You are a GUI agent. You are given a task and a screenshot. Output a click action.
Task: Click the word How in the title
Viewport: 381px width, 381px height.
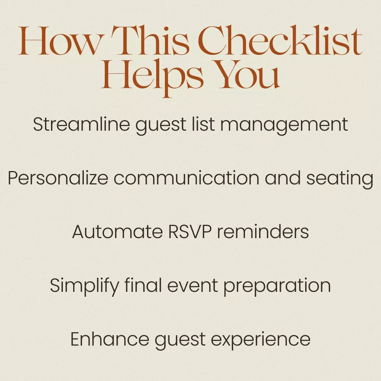tap(60, 40)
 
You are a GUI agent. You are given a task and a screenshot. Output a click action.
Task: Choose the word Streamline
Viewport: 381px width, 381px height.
tap(82, 125)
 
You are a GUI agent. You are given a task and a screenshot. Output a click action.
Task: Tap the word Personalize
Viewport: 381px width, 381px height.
tap(58, 178)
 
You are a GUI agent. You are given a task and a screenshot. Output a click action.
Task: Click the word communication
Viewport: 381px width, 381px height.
tap(186, 178)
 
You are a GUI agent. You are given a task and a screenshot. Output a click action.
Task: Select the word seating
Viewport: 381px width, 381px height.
tap(339, 179)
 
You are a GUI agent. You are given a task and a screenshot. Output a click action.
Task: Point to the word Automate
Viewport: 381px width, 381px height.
tap(117, 232)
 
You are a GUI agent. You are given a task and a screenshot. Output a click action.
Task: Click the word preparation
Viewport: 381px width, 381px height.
tap(277, 287)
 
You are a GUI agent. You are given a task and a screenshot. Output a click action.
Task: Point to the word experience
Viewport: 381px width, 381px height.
tap(261, 340)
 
